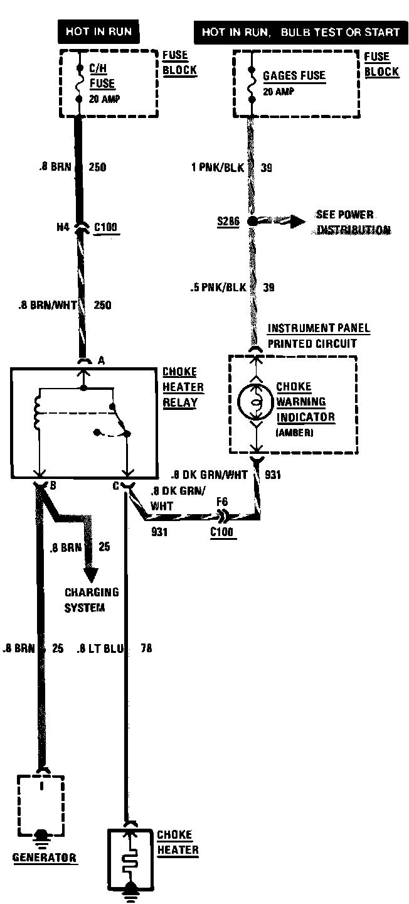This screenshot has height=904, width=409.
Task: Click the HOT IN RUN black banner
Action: tap(99, 31)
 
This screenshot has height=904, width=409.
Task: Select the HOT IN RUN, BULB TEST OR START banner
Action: tap(300, 32)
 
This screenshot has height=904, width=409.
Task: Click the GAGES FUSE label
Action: tap(294, 76)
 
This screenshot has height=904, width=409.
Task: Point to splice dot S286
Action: tap(252, 222)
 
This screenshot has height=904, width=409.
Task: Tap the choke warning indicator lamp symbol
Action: tap(255, 402)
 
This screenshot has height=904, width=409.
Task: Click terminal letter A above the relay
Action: tap(100, 361)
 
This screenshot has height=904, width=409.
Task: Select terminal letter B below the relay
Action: tap(53, 485)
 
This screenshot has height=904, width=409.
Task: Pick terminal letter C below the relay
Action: tap(116, 485)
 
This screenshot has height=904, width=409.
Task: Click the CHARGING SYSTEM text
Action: tap(92, 600)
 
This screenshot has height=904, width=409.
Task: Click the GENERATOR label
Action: tap(45, 858)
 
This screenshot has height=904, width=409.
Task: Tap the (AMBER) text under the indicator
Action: tap(294, 433)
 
